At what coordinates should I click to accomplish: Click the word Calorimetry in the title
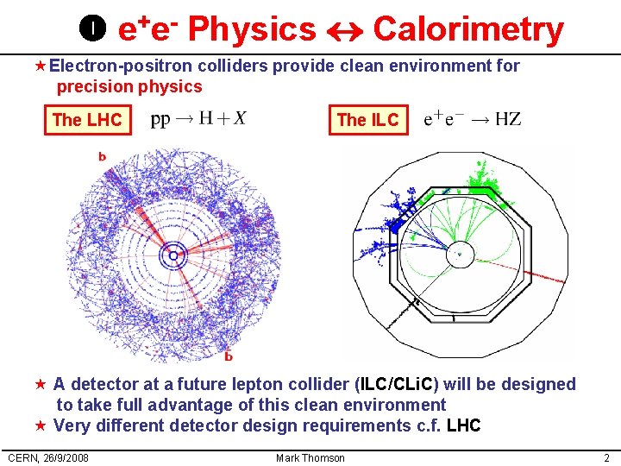[467, 30]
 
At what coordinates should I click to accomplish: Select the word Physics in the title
[252, 30]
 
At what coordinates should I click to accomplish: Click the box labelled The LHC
[87, 120]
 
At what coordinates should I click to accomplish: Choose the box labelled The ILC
[367, 120]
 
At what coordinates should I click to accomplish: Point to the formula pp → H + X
[198, 118]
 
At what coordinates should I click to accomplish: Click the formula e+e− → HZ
[473, 119]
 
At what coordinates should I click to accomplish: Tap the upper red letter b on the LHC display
[103, 156]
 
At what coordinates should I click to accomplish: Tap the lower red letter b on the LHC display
[228, 356]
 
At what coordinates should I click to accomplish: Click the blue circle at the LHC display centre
[174, 255]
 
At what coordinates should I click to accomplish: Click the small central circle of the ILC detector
[459, 253]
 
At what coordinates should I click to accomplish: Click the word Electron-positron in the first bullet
[121, 66]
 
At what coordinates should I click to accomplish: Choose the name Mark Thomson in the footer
[310, 457]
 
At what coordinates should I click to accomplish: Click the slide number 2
[607, 457]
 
